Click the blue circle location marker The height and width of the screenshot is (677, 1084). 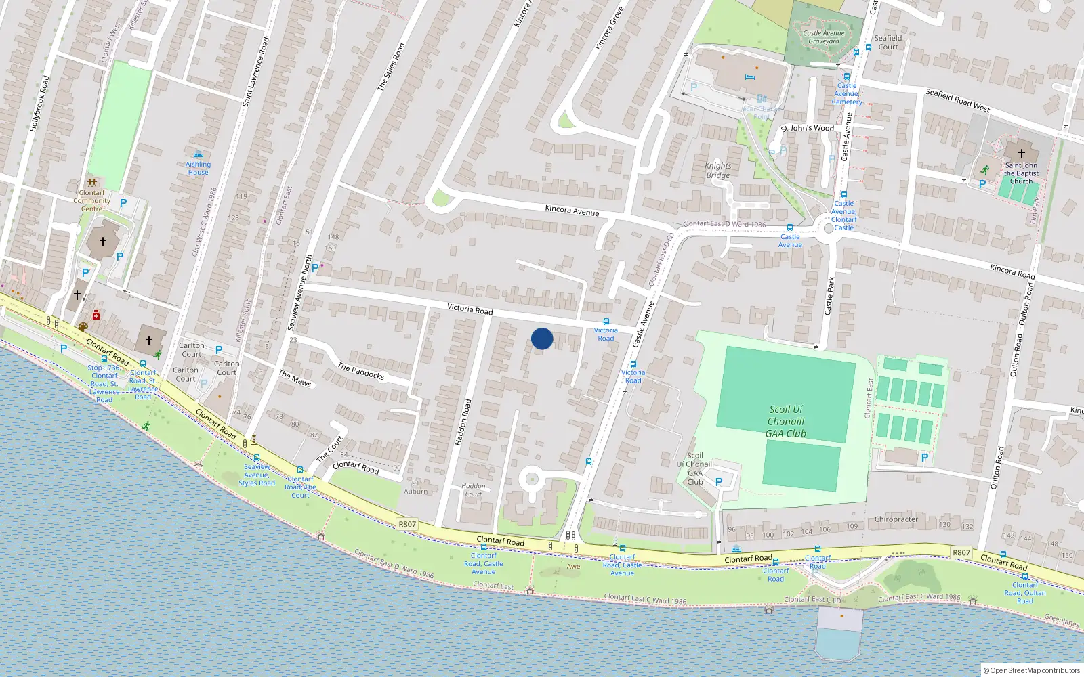pos(542,338)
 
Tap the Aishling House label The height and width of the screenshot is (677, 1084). pos(198,168)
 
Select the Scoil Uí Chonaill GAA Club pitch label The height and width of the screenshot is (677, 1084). pos(786,421)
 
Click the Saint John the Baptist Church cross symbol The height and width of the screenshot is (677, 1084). pos(1022,154)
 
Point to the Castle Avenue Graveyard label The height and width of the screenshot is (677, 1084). pos(823,37)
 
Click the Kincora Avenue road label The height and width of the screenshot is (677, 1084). pos(572,211)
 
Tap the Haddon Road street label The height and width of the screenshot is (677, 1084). pos(463,422)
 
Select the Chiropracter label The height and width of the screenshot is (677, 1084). pos(896,519)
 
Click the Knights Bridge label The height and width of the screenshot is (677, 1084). pos(718,171)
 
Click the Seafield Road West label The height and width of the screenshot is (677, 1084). pos(957,100)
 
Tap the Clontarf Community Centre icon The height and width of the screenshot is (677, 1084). pos(92,183)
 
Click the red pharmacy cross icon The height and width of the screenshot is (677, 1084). pos(96,315)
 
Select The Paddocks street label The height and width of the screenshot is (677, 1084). pos(361,371)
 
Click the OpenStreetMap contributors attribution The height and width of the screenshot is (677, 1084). pos(1032,670)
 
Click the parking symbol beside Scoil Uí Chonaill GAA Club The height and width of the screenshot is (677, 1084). pos(719,482)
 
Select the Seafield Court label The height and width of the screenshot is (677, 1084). pos(888,42)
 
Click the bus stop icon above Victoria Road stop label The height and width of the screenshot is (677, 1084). pos(606,322)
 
